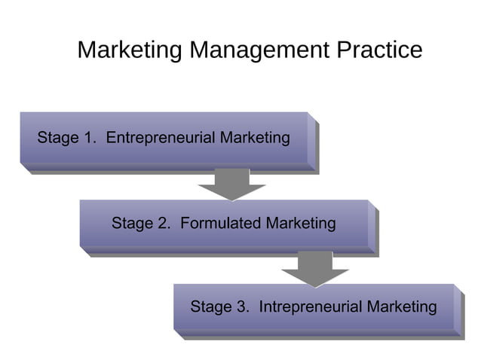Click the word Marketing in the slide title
point(130,50)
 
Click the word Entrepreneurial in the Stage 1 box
point(159,138)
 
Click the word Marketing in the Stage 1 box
point(253,138)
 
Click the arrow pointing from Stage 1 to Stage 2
point(231,183)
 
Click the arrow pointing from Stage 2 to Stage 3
point(314,268)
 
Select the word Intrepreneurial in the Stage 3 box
point(310,307)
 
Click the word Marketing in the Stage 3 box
point(400,307)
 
